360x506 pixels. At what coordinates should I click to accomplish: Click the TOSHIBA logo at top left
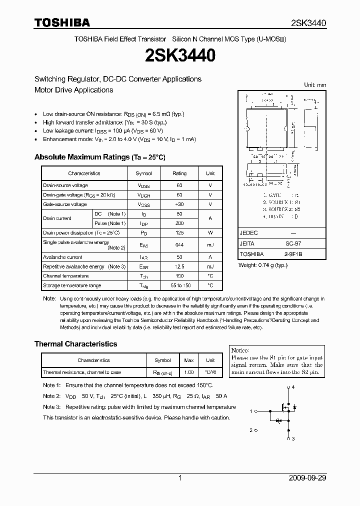(62, 22)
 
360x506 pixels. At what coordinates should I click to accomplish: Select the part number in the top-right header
(308, 23)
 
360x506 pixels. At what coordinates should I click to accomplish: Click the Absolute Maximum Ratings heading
(99, 157)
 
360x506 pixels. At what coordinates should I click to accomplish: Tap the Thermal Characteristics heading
(75, 344)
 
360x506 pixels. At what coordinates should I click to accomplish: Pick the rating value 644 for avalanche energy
(179, 244)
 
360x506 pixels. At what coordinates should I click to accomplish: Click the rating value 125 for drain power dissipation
(179, 232)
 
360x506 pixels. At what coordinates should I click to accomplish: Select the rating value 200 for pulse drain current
(179, 223)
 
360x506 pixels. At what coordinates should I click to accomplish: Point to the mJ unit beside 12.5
(210, 266)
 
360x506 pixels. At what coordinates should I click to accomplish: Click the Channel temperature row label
(65, 276)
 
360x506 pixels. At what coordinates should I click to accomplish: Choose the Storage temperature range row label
(72, 285)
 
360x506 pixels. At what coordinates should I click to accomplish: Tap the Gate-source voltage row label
(64, 204)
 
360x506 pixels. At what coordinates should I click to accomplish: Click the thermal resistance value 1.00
(189, 372)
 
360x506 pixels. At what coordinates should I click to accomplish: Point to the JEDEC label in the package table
(248, 233)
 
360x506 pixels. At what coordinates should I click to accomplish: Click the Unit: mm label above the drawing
(315, 85)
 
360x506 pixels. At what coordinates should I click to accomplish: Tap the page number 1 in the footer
(180, 478)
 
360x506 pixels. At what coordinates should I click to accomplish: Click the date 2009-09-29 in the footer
(307, 478)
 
